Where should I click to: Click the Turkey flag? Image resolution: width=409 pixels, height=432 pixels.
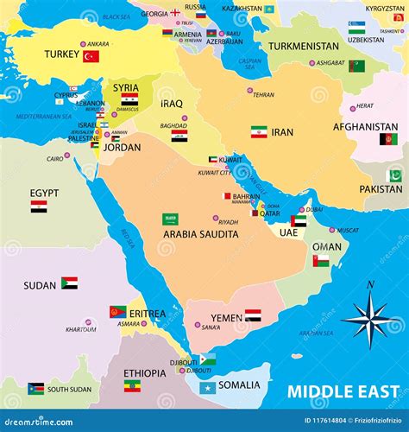point(91,56)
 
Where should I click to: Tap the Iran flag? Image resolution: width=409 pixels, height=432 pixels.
point(259,132)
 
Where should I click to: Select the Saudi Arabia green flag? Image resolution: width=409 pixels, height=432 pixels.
point(171,219)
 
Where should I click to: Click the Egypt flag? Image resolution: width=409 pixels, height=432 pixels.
point(39,206)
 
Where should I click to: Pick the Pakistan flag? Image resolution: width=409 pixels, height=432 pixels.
point(394,175)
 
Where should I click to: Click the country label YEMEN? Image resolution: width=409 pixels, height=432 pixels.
point(227,318)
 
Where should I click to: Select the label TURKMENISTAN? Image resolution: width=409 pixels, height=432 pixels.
point(304,46)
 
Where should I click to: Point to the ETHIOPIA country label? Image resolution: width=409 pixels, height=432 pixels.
point(145,373)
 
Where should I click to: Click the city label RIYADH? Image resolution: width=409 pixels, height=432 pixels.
point(229,222)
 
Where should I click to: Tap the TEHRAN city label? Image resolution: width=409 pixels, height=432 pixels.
point(263,95)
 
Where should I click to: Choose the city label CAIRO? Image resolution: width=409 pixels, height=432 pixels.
point(55,158)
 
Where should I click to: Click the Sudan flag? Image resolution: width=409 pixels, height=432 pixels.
point(69,283)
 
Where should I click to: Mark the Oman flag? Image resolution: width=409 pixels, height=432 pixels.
point(321,260)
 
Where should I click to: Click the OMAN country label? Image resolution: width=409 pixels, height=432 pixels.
point(327,246)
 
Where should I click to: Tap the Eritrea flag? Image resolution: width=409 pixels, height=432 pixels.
point(117,311)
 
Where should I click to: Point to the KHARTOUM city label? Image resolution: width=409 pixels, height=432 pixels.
point(81,329)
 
